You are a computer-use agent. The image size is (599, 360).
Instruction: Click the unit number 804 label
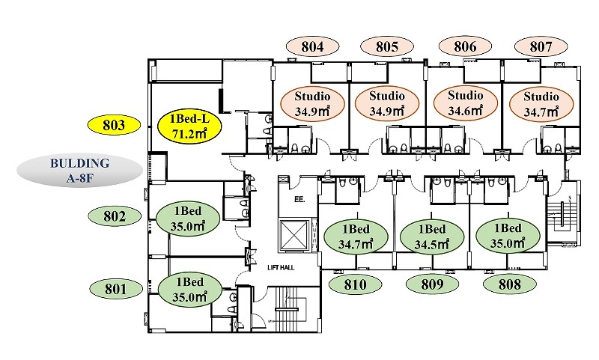(x=312, y=46)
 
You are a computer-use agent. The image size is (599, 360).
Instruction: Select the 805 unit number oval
(x=387, y=46)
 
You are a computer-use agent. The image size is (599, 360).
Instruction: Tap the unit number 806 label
(x=465, y=46)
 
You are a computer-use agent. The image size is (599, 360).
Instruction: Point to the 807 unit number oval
(x=541, y=46)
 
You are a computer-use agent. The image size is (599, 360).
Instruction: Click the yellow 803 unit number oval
(x=114, y=125)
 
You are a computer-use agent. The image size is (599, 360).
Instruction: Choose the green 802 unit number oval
(x=115, y=216)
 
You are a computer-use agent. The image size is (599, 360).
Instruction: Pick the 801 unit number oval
(x=116, y=289)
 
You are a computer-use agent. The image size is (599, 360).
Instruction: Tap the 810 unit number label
(x=355, y=284)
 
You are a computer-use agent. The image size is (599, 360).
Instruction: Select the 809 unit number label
(x=432, y=284)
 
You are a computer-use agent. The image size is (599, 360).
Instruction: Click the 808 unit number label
(x=510, y=284)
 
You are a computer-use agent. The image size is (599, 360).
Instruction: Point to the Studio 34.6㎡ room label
(x=466, y=103)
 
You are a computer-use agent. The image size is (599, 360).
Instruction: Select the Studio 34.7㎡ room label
(x=541, y=104)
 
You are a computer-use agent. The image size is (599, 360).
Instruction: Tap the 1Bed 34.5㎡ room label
(x=432, y=237)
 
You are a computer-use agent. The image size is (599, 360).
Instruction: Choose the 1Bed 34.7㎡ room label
(x=356, y=237)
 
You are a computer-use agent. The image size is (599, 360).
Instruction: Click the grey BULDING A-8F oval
(x=79, y=170)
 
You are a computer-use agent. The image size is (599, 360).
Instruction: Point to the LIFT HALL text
(x=281, y=268)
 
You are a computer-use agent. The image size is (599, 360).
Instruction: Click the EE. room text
(x=299, y=199)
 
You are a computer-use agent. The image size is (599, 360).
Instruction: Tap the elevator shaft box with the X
(x=294, y=236)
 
